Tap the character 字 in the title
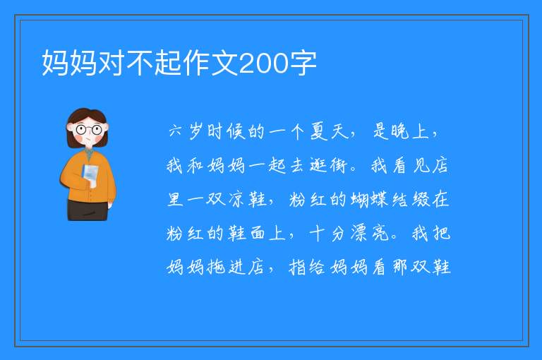coord(303,64)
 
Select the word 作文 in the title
coord(210,64)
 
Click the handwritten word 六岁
coord(186,132)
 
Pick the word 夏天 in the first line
coord(330,132)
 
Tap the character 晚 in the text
coord(399,132)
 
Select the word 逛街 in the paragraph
coord(328,165)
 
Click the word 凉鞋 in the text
coord(248,199)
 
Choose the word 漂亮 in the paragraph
coord(370,233)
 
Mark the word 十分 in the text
coord(327,233)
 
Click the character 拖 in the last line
coord(217,267)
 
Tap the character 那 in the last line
coord(399,267)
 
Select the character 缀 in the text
coord(421,199)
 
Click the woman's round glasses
coord(88,130)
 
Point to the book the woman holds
coord(90,175)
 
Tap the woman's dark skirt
coord(88,210)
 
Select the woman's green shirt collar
coord(89,153)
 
